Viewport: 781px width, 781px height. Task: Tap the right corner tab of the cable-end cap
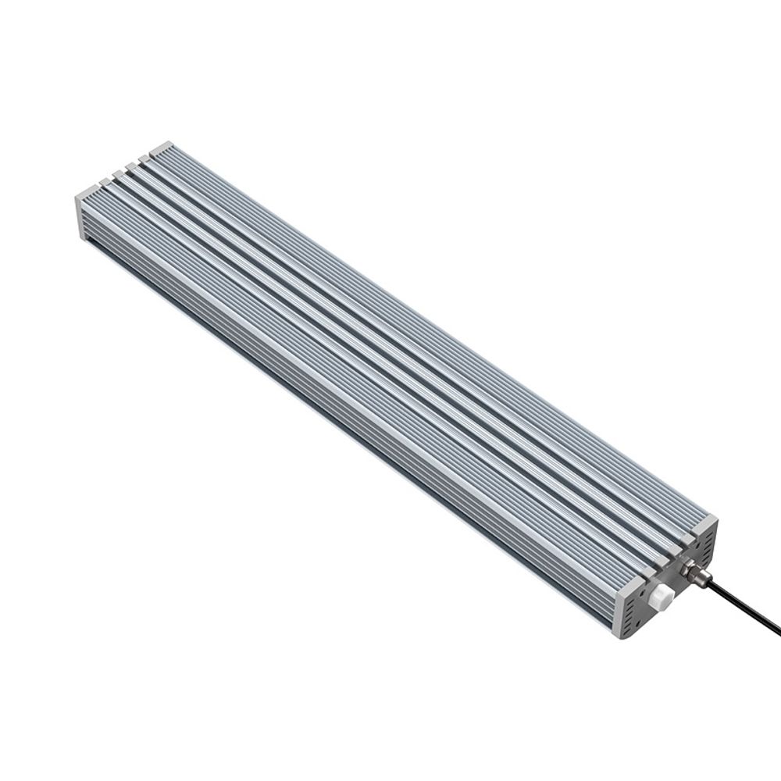coord(705,521)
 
